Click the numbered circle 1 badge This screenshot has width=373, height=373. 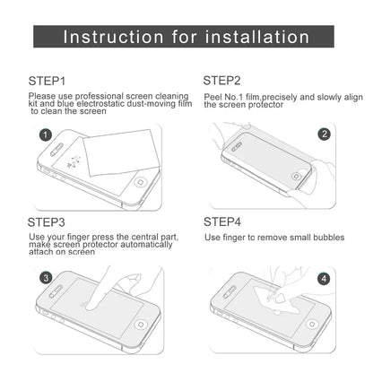tap(44, 134)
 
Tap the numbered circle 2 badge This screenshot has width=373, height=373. tap(324, 134)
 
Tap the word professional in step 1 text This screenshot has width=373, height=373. tap(99, 94)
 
